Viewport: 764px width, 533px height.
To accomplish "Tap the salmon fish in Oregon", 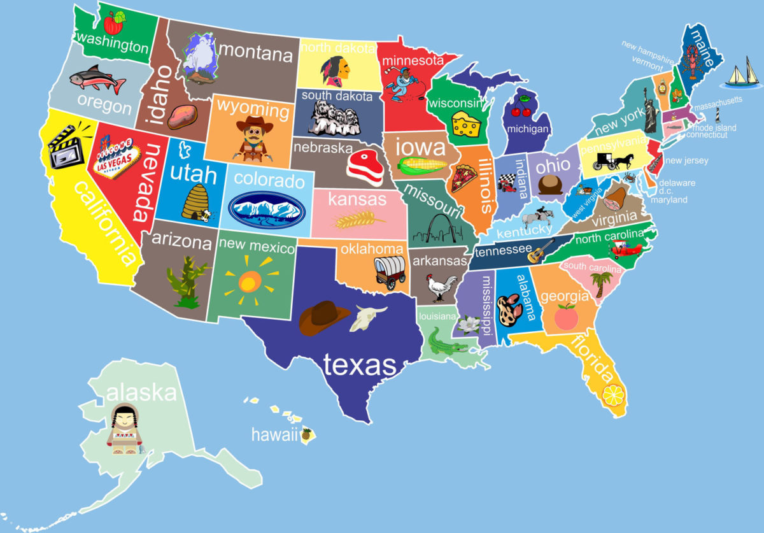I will (97, 79).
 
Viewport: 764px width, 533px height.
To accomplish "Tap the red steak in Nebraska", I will (365, 167).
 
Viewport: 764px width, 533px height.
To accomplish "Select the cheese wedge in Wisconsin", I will (467, 124).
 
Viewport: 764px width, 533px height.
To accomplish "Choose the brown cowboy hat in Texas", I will (324, 317).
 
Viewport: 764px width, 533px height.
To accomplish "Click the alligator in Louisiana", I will (445, 341).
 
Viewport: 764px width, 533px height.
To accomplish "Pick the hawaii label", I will (274, 436).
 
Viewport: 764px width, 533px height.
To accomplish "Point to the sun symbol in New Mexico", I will (249, 280).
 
